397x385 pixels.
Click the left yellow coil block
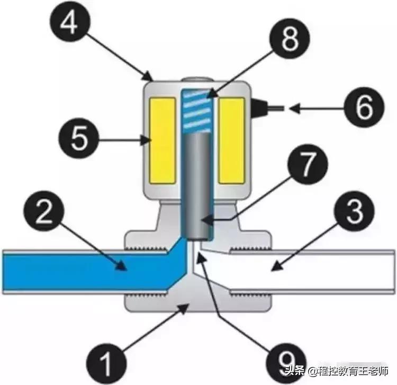[x=163, y=140]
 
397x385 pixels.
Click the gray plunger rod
[x=197, y=185]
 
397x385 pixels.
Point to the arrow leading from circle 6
[x=310, y=109]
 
